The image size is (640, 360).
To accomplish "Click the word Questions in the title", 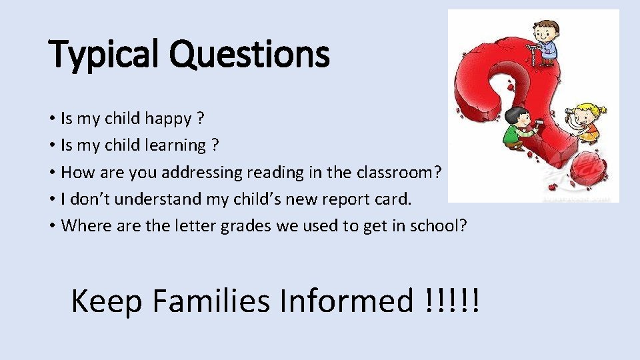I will (x=249, y=55).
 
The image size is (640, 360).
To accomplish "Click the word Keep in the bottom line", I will (x=107, y=301).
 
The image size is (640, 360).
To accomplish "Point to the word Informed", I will (x=347, y=301).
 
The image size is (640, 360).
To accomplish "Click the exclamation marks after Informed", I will (x=451, y=301).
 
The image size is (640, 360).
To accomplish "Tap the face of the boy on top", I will (x=545, y=31).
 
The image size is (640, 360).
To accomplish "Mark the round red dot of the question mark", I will (x=585, y=167).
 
